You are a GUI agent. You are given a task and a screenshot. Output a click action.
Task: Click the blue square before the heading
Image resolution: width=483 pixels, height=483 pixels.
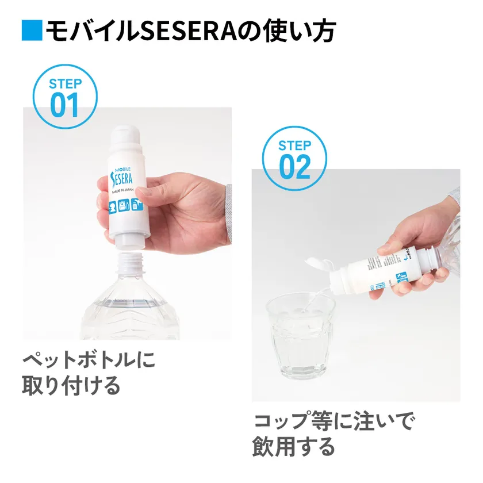[32, 31]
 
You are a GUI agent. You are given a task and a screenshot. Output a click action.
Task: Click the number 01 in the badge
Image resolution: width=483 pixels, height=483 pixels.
[64, 105]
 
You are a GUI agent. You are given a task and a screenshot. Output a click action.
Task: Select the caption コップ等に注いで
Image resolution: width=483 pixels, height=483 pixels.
[333, 422]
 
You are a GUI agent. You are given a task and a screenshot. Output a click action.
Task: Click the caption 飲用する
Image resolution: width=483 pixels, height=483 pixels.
[293, 447]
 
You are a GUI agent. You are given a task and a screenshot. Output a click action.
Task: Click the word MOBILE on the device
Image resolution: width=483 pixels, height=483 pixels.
[123, 170]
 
